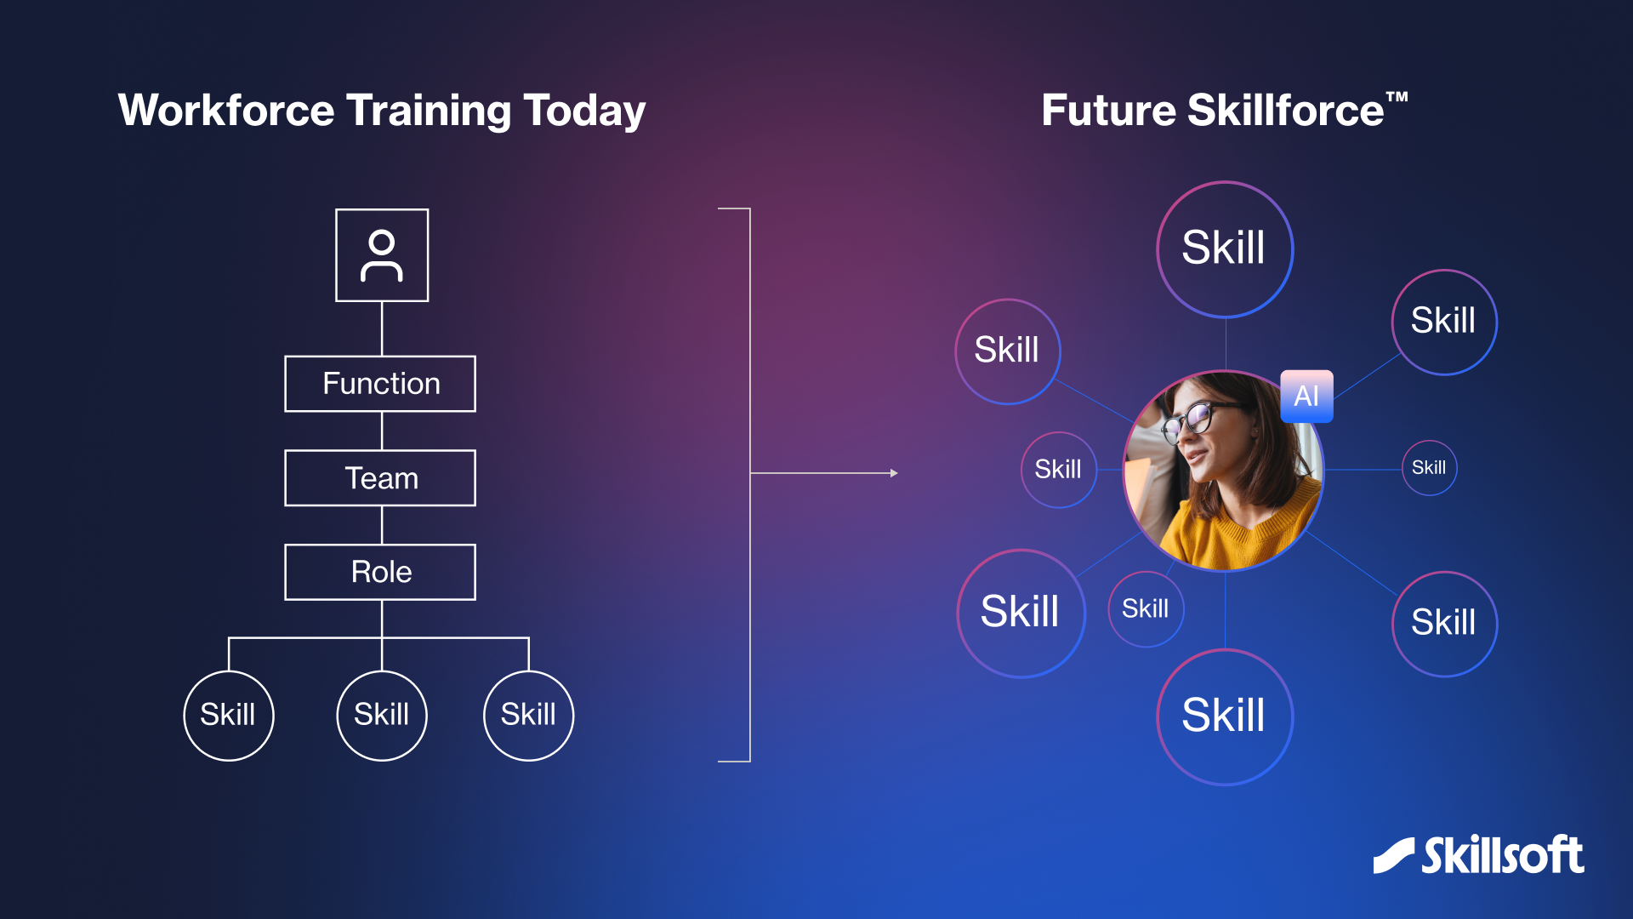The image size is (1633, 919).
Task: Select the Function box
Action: [x=380, y=384]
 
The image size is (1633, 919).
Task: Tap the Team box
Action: [x=380, y=478]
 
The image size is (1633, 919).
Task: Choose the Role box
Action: [x=380, y=572]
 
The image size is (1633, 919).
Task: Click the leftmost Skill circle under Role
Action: [x=229, y=716]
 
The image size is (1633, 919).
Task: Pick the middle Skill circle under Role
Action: [x=382, y=716]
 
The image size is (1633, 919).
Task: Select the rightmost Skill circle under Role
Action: [x=529, y=716]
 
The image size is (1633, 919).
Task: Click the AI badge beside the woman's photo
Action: [x=1306, y=396]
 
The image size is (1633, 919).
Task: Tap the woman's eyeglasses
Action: [x=1201, y=419]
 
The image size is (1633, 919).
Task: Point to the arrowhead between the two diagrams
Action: [x=894, y=473]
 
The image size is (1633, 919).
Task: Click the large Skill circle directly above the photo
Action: [x=1225, y=249]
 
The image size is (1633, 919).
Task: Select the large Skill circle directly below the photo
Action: [x=1225, y=716]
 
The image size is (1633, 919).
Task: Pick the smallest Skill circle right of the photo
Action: [x=1430, y=468]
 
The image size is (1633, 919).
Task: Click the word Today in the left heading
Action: [x=584, y=111]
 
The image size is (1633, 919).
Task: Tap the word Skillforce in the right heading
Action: [x=1286, y=111]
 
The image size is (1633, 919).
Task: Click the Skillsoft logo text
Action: [x=1503, y=855]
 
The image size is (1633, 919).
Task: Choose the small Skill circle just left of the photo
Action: [x=1059, y=470]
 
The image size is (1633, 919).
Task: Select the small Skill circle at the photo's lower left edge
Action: [x=1146, y=609]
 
